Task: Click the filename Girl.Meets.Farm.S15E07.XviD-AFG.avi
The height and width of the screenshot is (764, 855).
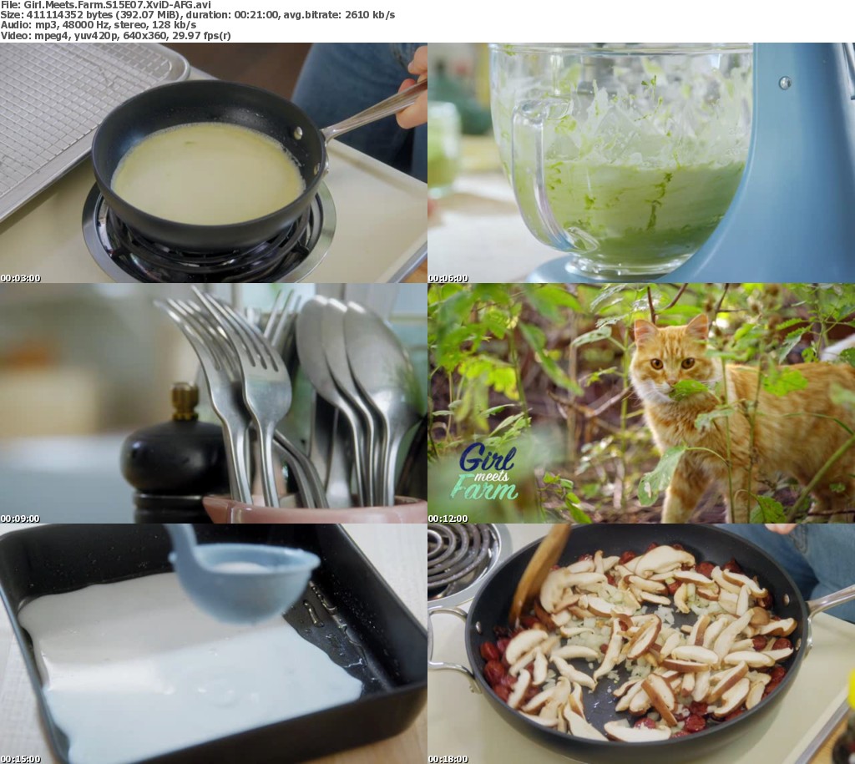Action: [117, 5]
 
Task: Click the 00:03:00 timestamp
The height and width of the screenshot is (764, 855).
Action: [20, 278]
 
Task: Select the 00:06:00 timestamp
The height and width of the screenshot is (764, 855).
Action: [448, 278]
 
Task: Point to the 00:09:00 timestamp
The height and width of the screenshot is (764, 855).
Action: [20, 519]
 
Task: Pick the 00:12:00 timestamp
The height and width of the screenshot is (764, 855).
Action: [448, 519]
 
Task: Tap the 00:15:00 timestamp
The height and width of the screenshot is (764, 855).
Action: [20, 759]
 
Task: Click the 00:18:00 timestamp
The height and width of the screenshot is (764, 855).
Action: [448, 759]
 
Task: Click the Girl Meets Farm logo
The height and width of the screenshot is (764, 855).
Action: [485, 472]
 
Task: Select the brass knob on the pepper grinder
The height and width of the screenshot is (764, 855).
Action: [185, 402]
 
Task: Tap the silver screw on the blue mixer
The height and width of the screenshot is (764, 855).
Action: [785, 83]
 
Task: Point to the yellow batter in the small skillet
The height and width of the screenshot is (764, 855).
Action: [207, 174]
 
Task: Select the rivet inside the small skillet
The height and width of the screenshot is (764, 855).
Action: [298, 133]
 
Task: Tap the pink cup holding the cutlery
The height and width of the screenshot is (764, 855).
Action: [315, 508]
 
